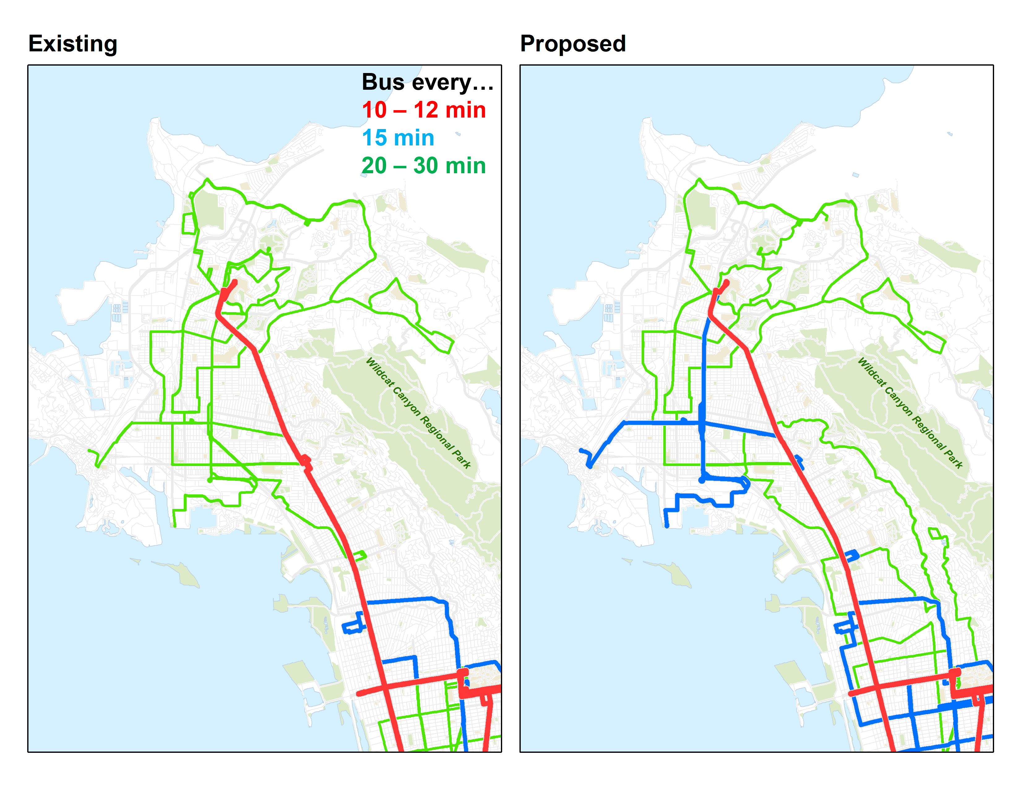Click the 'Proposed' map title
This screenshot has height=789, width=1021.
coord(573,44)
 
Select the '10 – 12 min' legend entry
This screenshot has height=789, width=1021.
coord(424,110)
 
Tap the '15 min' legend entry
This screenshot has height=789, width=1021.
coord(398,138)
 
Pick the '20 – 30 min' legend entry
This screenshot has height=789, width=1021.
coord(424,166)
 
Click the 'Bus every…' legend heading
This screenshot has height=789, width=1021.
coord(427,82)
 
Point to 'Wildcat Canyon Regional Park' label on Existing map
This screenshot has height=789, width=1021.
coord(418,413)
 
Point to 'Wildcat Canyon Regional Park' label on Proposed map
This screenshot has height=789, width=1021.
coord(910,413)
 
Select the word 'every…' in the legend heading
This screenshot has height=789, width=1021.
coord(453,83)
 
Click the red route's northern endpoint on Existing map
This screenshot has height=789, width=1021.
coord(235,282)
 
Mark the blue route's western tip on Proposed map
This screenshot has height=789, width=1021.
coord(581,451)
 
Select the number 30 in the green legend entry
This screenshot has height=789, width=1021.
coord(425,166)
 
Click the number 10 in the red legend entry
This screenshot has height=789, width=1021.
coord(374,110)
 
